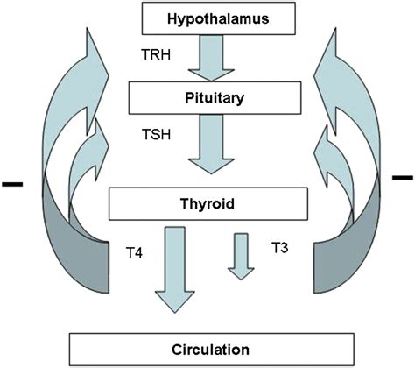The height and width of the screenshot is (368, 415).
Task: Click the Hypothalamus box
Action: click(x=207, y=17)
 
